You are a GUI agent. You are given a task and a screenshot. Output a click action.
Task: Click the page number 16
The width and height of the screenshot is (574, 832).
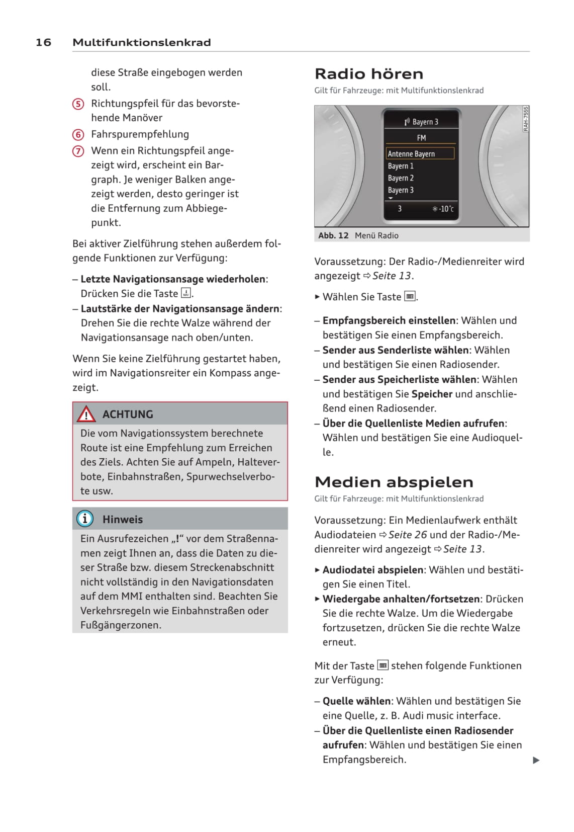(43, 42)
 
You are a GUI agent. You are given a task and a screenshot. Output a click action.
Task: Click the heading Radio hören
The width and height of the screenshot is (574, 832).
(368, 74)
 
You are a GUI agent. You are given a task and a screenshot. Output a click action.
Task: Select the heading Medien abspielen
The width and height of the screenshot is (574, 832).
(394, 482)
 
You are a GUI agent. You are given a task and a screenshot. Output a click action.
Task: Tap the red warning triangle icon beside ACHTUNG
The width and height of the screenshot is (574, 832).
(86, 414)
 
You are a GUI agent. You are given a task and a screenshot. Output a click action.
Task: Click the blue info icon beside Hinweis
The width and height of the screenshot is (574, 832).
(85, 519)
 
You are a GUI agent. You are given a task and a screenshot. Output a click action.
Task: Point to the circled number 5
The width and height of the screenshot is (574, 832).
(78, 104)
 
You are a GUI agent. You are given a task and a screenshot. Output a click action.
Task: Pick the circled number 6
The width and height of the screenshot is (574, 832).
(78, 135)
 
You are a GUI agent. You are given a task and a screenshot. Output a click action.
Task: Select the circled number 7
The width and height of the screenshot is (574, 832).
(78, 151)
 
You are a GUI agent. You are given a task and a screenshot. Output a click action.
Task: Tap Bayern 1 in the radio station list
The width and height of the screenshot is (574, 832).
(401, 166)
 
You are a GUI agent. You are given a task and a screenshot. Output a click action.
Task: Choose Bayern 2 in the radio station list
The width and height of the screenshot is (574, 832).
(401, 178)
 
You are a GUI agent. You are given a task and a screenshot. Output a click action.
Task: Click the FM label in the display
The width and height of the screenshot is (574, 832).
(421, 138)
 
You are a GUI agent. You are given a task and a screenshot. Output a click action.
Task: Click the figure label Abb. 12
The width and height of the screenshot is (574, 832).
(333, 235)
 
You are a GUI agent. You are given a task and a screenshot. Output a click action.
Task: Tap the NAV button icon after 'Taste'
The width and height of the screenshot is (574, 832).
(186, 293)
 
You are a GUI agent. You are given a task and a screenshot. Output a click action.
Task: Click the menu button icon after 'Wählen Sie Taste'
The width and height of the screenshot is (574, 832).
(410, 297)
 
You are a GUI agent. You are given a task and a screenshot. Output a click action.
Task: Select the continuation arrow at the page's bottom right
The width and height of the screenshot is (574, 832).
(536, 760)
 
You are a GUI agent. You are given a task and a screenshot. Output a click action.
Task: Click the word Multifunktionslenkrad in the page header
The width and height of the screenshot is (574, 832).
(141, 42)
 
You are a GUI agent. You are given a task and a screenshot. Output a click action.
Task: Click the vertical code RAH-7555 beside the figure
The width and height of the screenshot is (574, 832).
(526, 119)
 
